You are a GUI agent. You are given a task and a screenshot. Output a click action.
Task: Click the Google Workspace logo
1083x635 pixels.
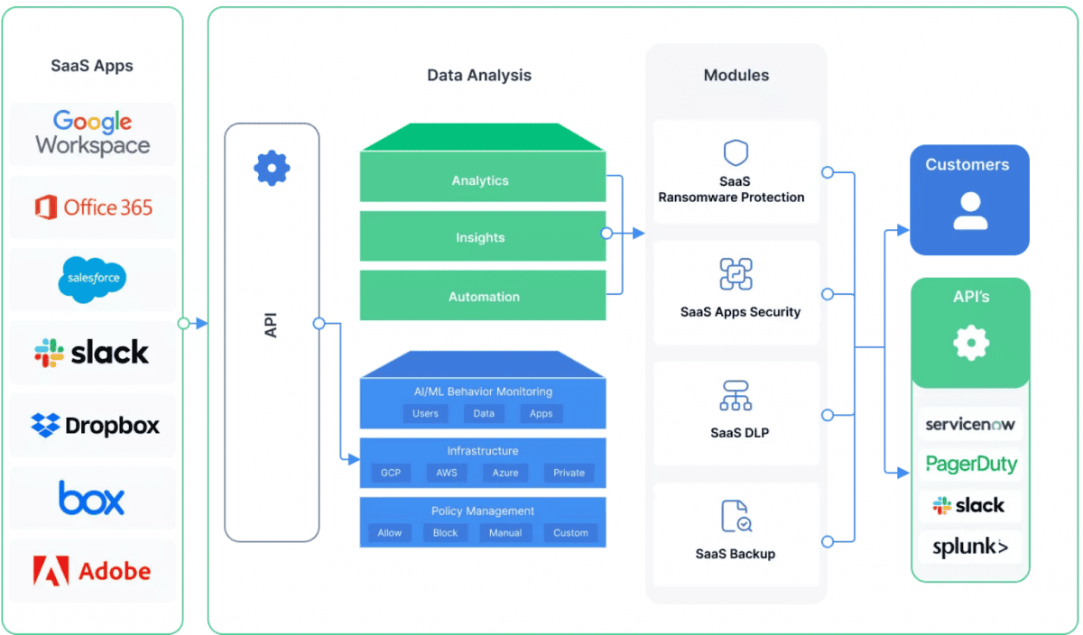pos(93,133)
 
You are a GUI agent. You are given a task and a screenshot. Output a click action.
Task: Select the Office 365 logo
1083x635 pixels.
pos(93,207)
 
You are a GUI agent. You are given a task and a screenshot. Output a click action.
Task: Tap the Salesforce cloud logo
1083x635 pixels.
pos(93,279)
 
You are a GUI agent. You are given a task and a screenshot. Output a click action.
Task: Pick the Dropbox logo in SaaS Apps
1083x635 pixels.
pos(95,425)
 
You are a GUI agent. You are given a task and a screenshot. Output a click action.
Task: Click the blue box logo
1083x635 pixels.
pos(92,498)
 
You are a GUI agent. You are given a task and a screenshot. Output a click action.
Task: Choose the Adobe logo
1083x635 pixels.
pos(92,570)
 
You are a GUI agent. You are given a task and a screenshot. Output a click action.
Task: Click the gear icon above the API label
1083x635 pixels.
pos(272,168)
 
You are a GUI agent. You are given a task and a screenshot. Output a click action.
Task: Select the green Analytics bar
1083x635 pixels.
pos(482,180)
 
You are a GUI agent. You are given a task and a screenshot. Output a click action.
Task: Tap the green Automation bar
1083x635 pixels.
pos(482,296)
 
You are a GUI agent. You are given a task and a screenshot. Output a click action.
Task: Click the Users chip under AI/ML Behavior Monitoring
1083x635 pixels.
pos(425,413)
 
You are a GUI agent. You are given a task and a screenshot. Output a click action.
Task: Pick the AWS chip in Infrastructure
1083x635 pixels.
pos(447,473)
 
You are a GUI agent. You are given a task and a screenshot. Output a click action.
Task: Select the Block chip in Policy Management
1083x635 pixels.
pos(446,533)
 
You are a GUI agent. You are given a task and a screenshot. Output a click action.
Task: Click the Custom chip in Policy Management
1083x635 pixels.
pos(570,533)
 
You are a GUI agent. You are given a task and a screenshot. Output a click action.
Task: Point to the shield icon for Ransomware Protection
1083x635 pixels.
pos(736,152)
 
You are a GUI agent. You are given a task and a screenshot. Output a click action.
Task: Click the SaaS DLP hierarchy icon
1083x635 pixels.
pos(736,395)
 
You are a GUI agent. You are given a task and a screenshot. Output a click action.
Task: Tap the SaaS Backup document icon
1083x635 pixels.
pos(736,516)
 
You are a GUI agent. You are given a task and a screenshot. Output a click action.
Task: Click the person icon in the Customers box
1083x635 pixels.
pos(969,210)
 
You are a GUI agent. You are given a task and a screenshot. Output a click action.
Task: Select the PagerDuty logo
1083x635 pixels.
pos(971,465)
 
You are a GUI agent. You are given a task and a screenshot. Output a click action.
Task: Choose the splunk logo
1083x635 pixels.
pos(970,547)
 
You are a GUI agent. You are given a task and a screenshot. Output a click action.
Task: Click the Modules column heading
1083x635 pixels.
pos(736,76)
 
